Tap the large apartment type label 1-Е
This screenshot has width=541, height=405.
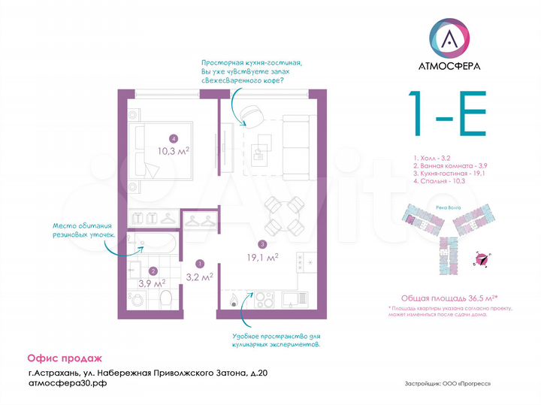tap(447, 113)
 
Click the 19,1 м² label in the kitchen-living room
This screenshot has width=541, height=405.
tap(263, 257)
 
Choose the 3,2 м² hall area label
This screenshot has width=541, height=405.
tap(199, 276)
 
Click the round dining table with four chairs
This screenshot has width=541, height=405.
tap(285, 215)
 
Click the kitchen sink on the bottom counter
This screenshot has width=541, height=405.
tap(290, 300)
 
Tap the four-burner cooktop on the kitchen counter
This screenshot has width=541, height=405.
tap(307, 262)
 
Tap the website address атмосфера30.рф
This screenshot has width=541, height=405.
tap(66, 382)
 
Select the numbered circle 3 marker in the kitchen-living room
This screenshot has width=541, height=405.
tap(261, 244)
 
